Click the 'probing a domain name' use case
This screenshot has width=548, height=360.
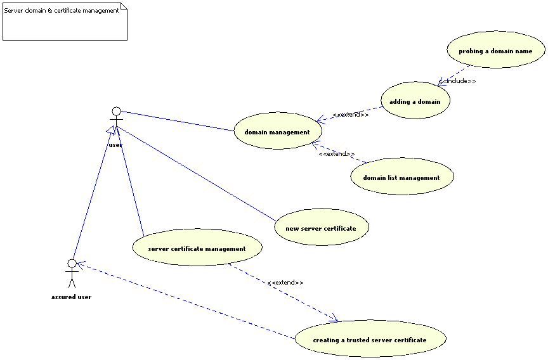(x=495, y=50)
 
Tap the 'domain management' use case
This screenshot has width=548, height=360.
(x=277, y=131)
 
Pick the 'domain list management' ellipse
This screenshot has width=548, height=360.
(x=401, y=177)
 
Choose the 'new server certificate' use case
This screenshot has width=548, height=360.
(x=321, y=228)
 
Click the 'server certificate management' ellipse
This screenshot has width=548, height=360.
(x=197, y=248)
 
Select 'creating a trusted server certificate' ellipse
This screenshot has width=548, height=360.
(x=370, y=339)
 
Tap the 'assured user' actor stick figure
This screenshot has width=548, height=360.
(x=72, y=273)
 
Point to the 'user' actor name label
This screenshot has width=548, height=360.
(x=115, y=145)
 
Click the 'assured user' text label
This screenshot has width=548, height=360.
(x=71, y=297)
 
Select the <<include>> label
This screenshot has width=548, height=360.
(x=458, y=81)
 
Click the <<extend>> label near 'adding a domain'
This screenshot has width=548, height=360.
(x=350, y=115)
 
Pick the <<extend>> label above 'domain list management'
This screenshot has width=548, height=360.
(x=336, y=154)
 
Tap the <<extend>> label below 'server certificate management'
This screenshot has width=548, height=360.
(x=285, y=283)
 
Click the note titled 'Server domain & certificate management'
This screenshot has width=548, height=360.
(x=65, y=22)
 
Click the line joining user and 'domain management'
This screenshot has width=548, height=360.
(x=178, y=121)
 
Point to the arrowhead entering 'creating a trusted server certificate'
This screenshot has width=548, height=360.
(x=334, y=319)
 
